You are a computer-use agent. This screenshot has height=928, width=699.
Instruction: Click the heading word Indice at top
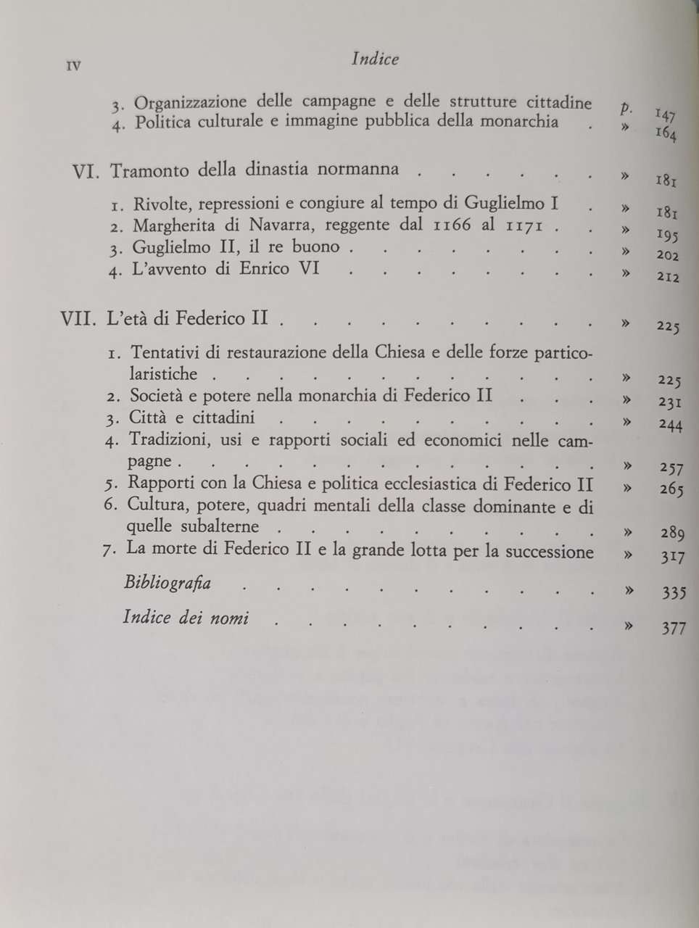(375, 59)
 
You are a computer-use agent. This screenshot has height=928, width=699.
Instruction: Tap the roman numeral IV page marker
(73, 67)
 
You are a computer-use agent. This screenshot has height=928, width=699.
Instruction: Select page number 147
(665, 114)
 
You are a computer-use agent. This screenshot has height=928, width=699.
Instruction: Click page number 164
(665, 134)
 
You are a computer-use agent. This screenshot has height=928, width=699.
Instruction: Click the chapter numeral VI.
(89, 172)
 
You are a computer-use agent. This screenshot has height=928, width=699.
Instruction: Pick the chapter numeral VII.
(80, 318)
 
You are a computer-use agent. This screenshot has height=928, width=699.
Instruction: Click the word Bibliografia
(168, 583)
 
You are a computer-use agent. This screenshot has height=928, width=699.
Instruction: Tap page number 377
(674, 628)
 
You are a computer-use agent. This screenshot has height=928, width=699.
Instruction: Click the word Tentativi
(165, 353)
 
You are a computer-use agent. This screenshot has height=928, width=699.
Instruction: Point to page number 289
(673, 534)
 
